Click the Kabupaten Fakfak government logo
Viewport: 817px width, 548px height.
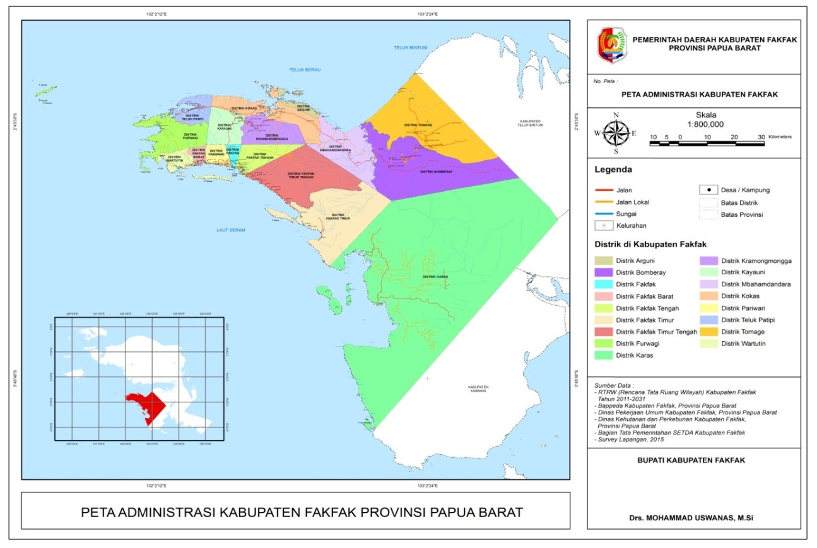click(611, 45)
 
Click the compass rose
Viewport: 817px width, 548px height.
click(616, 133)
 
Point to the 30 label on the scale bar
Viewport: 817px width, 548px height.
click(761, 137)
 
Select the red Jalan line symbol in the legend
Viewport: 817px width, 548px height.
click(604, 190)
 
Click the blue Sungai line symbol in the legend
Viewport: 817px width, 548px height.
click(604, 213)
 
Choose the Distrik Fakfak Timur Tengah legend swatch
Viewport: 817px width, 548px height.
click(604, 332)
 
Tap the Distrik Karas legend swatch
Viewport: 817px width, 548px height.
click(604, 355)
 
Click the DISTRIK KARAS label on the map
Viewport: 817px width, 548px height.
click(435, 277)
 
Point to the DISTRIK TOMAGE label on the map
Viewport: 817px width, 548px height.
click(418, 125)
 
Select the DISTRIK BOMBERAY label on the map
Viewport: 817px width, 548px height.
click(435, 172)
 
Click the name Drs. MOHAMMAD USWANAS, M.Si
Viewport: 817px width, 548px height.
click(691, 518)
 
